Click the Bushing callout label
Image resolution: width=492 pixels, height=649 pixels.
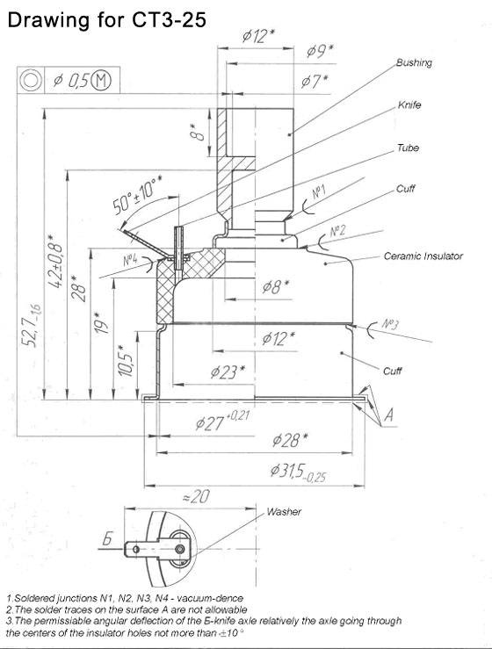point(414,63)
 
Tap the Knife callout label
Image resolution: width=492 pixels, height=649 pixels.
point(409,105)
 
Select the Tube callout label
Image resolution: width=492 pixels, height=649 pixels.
point(408,148)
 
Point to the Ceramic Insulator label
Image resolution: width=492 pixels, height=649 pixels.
point(423,256)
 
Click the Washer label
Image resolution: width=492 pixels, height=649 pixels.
point(284,512)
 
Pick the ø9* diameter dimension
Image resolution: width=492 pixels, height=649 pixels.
point(320,51)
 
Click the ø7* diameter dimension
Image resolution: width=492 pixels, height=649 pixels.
point(315,81)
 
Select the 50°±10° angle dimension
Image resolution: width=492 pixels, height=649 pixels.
point(137,195)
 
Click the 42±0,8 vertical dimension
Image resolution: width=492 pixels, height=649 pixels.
point(55,262)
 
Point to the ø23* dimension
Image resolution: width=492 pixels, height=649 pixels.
point(228,371)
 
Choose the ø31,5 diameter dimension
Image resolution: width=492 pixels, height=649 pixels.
point(298,472)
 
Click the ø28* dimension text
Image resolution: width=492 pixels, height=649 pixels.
point(290,440)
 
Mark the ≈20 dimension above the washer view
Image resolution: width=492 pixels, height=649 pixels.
point(196,496)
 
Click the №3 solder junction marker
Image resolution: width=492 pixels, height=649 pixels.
point(390,324)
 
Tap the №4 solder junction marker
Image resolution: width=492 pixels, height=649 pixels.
point(130,260)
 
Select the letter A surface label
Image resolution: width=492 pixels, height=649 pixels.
point(389,415)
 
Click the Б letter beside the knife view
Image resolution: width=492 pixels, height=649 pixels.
point(107,539)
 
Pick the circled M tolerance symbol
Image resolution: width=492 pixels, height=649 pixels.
point(101,79)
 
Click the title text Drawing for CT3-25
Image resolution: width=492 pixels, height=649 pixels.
point(107,19)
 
